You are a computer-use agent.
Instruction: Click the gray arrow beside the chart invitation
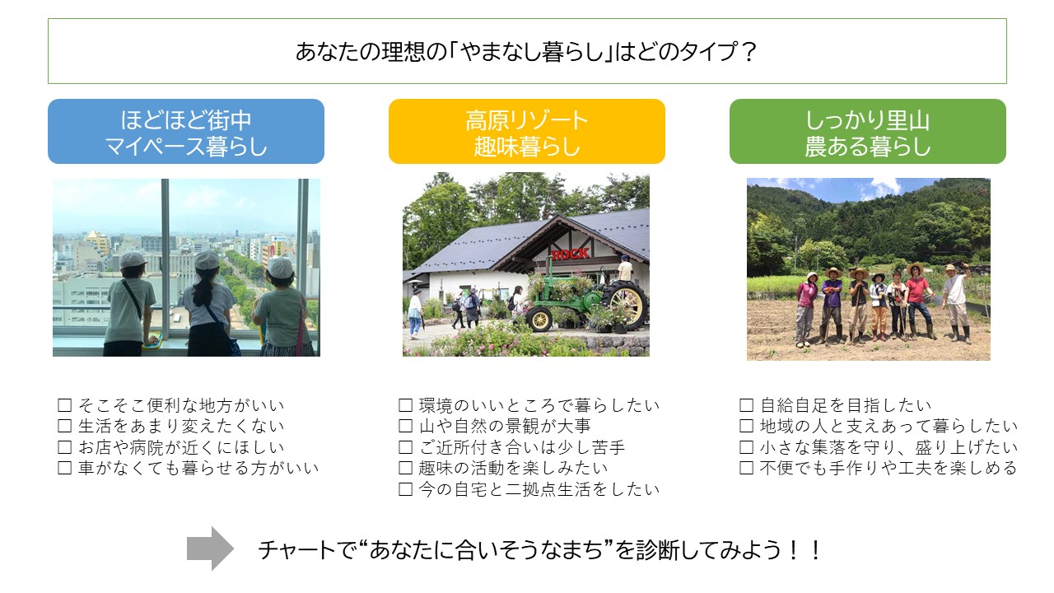(x=210, y=549)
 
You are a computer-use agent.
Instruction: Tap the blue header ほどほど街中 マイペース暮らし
(x=186, y=131)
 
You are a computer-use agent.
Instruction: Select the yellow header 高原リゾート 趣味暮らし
(x=526, y=131)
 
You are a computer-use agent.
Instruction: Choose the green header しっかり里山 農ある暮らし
(x=868, y=131)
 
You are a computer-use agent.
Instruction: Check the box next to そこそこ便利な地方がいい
(x=64, y=405)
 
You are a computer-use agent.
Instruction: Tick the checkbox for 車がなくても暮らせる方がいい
(x=64, y=468)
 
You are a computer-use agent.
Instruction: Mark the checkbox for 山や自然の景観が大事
(x=406, y=426)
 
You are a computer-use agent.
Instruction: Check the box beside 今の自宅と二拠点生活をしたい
(x=406, y=489)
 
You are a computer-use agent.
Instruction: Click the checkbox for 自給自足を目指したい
(x=746, y=405)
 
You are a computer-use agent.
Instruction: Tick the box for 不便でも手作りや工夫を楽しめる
(x=746, y=468)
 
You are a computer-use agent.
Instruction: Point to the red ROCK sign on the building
(x=571, y=254)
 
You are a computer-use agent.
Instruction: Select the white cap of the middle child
(x=207, y=260)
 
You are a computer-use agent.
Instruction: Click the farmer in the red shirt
(x=917, y=301)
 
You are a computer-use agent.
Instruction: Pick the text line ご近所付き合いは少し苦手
(x=522, y=447)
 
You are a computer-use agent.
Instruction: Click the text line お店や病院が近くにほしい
(x=181, y=447)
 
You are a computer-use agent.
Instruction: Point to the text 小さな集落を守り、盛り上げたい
(x=888, y=447)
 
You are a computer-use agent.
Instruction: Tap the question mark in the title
(x=748, y=52)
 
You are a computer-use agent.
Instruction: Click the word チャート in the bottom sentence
(x=296, y=549)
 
